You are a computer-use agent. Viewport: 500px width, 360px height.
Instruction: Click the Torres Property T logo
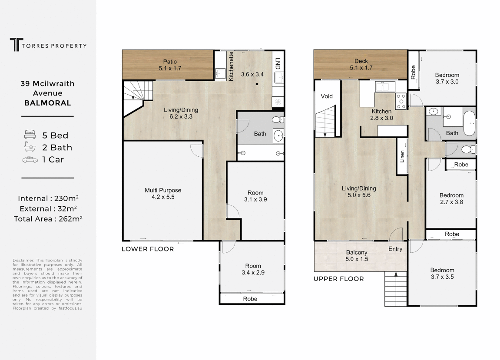coord(16,45)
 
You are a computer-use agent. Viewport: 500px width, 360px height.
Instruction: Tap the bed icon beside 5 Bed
coord(30,135)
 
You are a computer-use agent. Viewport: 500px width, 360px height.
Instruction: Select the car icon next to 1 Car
coord(30,159)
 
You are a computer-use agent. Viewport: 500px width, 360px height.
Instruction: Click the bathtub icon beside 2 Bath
coord(30,147)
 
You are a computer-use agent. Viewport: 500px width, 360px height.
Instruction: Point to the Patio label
coord(170,62)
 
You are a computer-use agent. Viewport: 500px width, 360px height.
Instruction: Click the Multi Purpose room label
coord(163,190)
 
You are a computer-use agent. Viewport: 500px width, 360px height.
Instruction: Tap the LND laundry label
coord(278,63)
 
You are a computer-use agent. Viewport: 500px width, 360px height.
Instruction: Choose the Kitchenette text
coord(231,66)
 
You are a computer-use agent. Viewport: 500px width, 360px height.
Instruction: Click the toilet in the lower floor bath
coord(278,119)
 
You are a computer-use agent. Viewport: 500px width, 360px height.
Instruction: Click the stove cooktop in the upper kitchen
coord(401,101)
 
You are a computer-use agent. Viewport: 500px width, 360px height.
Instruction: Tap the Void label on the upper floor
coord(327,96)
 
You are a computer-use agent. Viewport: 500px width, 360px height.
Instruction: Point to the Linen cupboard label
coord(402,157)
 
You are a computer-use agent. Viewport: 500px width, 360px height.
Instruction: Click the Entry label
coord(395,249)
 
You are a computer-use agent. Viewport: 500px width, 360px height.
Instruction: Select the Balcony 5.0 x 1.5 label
coord(357,256)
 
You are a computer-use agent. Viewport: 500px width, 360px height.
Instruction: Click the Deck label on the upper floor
coord(361,61)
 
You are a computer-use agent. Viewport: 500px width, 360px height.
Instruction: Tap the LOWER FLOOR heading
coord(148,249)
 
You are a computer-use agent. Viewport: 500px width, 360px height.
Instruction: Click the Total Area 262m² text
coord(48,219)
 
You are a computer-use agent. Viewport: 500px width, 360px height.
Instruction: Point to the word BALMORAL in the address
coord(47,103)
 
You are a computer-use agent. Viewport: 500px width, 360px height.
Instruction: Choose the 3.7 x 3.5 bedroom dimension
coord(442,277)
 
